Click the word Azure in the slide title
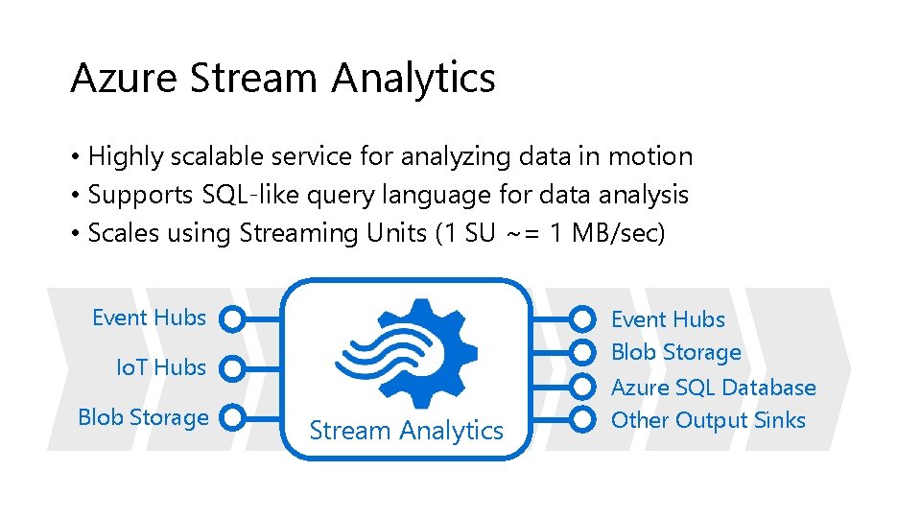(124, 78)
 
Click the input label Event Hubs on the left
(149, 318)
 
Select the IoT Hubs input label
(161, 367)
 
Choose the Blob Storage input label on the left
(143, 417)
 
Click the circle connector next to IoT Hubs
(233, 367)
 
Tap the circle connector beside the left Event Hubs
(233, 318)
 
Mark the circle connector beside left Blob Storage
(233, 417)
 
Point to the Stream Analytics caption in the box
(406, 431)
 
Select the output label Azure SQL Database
(713, 388)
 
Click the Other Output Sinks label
(708, 420)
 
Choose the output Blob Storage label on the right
(676, 352)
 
